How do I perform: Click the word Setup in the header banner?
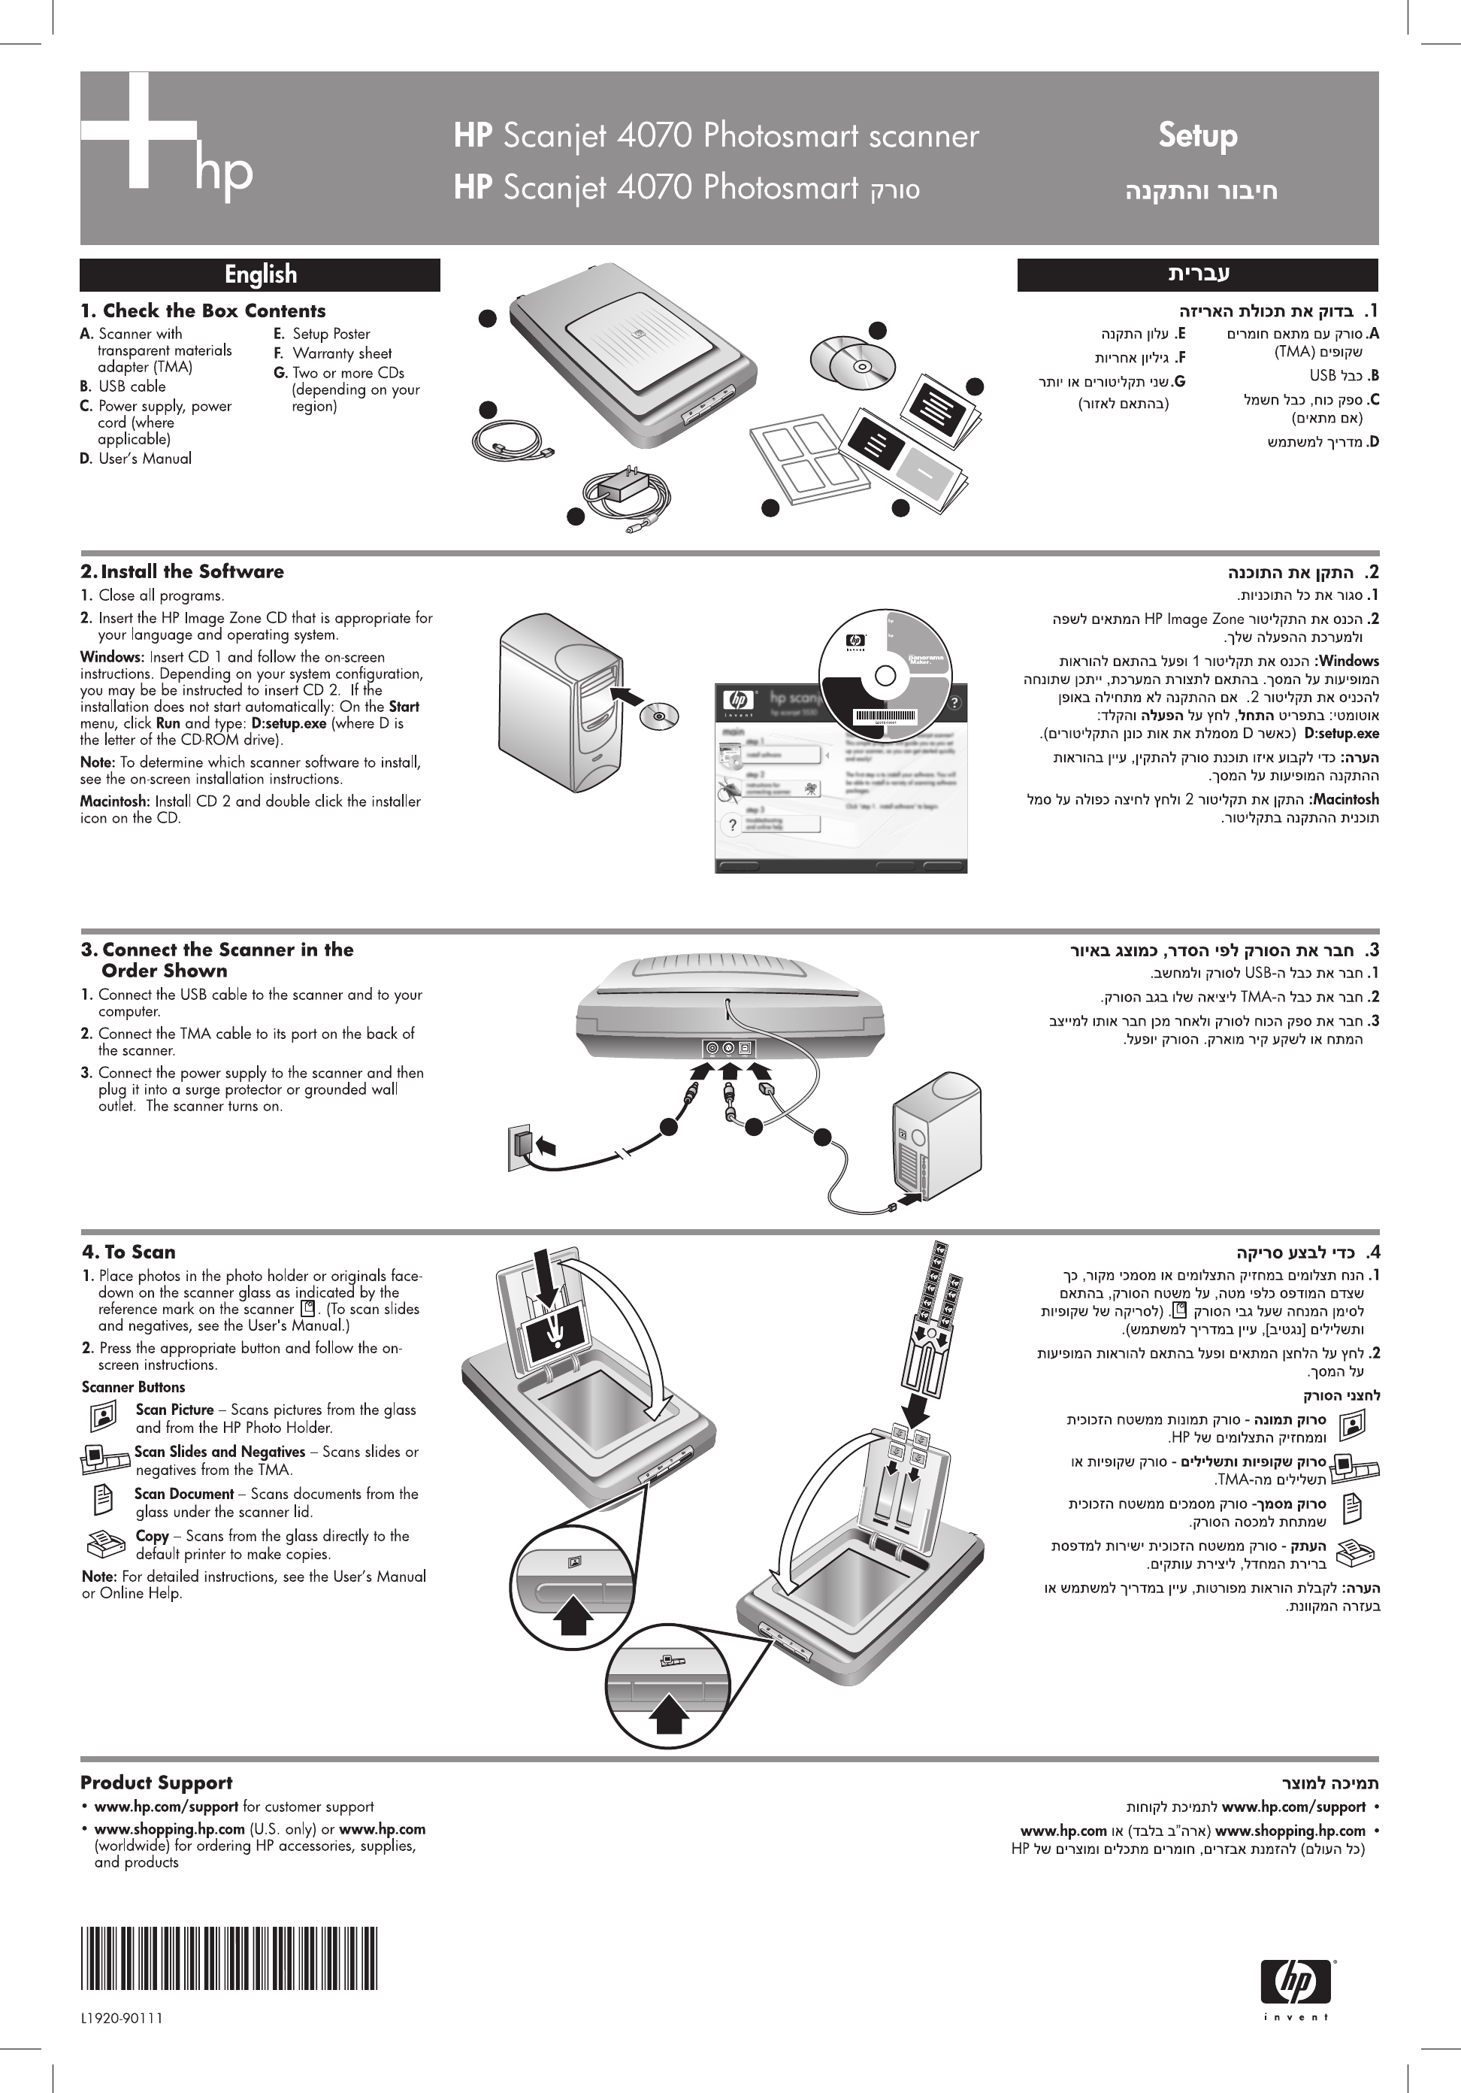click(1198, 136)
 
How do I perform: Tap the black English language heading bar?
click(260, 274)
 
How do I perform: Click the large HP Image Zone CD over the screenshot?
click(884, 674)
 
